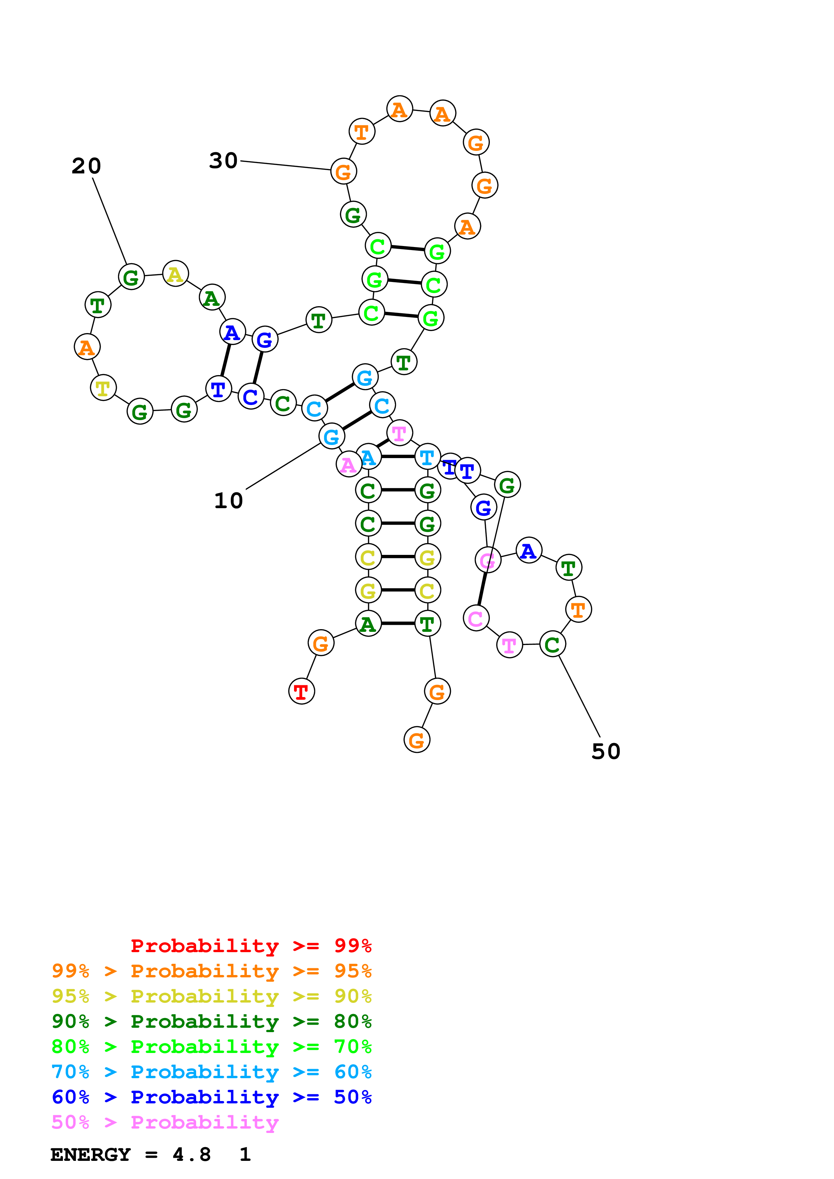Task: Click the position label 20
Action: pyautogui.click(x=86, y=166)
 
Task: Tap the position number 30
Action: pyautogui.click(x=223, y=161)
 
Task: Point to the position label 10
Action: pyautogui.click(x=229, y=501)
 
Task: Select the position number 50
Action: pyautogui.click(x=606, y=751)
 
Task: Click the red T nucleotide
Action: pyautogui.click(x=302, y=691)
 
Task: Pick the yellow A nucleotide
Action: pyautogui.click(x=175, y=274)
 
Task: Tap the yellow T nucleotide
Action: pyautogui.click(x=103, y=388)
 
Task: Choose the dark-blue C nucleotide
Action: pyautogui.click(x=251, y=397)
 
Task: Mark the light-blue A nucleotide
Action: pyautogui.click(x=368, y=456)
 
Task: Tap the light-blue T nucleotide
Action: pyautogui.click(x=427, y=456)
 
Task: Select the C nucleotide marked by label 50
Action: pyautogui.click(x=552, y=644)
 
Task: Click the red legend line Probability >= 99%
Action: pyautogui.click(x=251, y=945)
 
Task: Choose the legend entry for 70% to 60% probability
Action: pyautogui.click(x=211, y=1072)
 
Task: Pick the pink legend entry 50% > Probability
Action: pyautogui.click(x=165, y=1122)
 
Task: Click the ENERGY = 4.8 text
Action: pyautogui.click(x=131, y=1154)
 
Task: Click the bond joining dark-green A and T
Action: pyautogui.click(x=398, y=623)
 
